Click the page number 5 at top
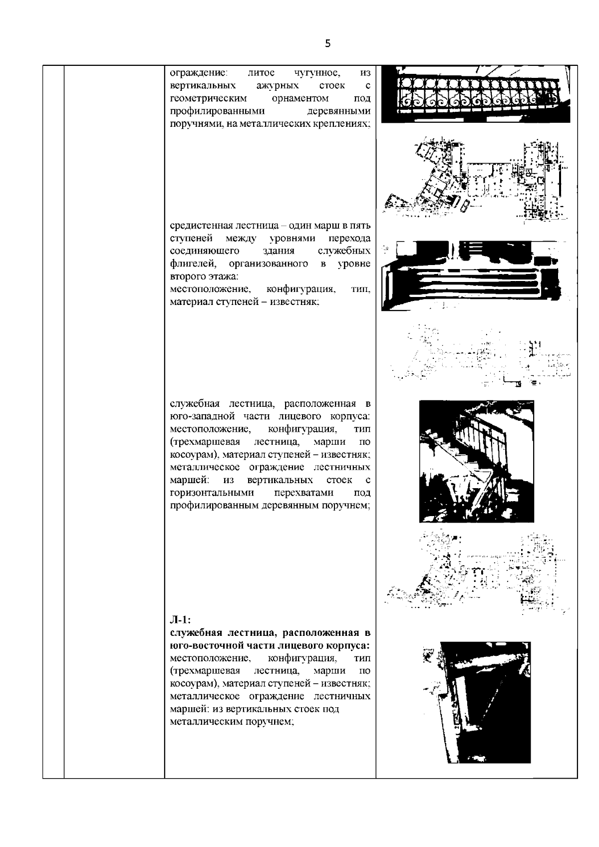coord(327,43)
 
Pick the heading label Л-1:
coord(180,620)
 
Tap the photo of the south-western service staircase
coord(476,461)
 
